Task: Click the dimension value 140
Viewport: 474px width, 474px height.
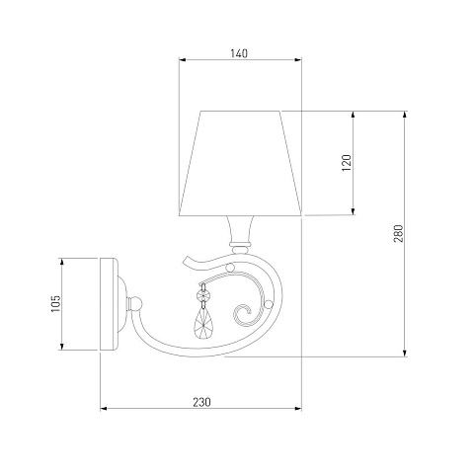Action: click(x=239, y=53)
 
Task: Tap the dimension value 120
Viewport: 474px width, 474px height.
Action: click(x=347, y=163)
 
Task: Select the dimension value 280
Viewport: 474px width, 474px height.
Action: click(x=398, y=233)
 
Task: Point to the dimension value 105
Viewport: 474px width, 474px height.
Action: click(x=56, y=303)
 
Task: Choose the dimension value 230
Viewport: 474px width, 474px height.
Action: click(x=201, y=402)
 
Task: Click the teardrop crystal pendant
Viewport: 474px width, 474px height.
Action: click(x=202, y=324)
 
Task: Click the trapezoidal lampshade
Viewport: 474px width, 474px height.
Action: click(x=240, y=163)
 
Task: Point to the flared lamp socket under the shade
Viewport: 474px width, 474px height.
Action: click(x=240, y=229)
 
